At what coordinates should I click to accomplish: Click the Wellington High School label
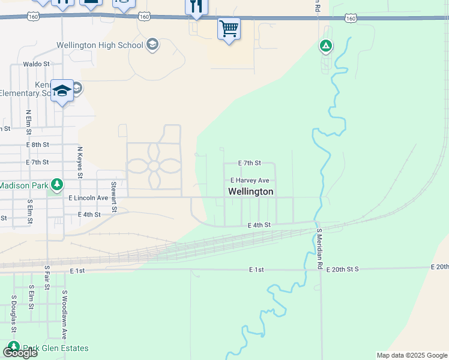(x=100, y=45)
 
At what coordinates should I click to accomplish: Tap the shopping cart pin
(x=229, y=28)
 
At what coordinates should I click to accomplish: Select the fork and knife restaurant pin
(x=196, y=7)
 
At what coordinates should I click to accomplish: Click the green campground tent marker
(x=325, y=45)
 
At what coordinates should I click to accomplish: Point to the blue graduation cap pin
(x=62, y=91)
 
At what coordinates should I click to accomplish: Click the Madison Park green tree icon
(x=56, y=184)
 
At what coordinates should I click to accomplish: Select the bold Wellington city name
(x=251, y=191)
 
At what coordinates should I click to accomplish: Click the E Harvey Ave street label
(x=250, y=180)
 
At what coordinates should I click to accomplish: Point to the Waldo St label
(x=35, y=64)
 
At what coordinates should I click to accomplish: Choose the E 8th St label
(x=37, y=145)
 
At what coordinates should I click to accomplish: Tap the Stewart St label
(x=113, y=197)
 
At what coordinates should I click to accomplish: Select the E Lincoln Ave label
(x=88, y=197)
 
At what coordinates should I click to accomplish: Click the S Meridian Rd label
(x=320, y=248)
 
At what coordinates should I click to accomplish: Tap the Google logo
(x=20, y=353)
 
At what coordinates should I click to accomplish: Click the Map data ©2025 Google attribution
(x=411, y=355)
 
